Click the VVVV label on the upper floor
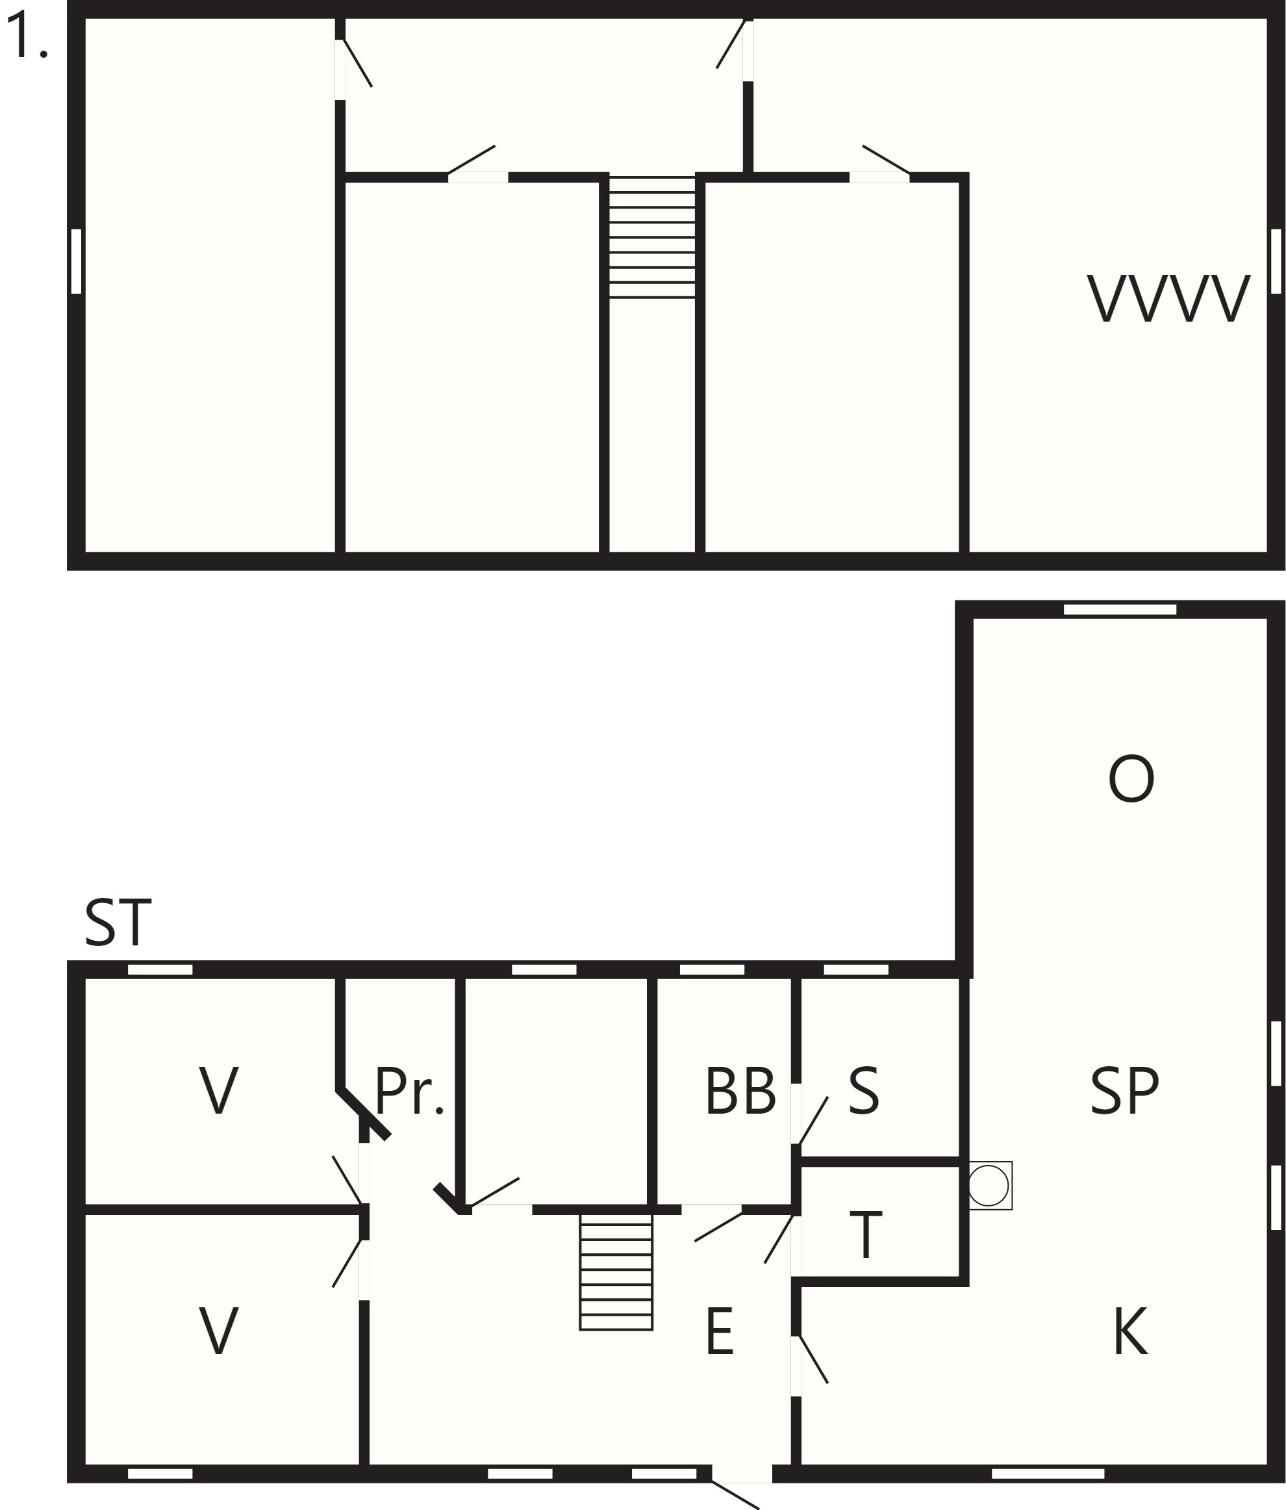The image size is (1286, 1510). [x=1168, y=298]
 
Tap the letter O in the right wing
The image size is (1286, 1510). [x=1131, y=779]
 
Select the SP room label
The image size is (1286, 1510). [x=1124, y=1090]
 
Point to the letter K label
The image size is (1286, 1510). [x=1131, y=1331]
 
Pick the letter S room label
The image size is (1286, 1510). [x=864, y=1090]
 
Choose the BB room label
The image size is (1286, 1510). [x=740, y=1090]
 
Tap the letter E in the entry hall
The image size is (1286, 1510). [x=720, y=1331]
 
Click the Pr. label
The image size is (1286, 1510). [x=409, y=1090]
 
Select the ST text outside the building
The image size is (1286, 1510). [x=118, y=923]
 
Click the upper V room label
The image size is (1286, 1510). [x=219, y=1090]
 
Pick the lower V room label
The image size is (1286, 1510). [x=219, y=1331]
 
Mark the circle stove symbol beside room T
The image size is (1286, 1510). [x=989, y=1186]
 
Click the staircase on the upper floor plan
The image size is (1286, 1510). [x=652, y=238]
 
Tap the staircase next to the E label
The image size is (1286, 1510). [x=616, y=1272]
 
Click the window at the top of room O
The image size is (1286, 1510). [x=1120, y=609]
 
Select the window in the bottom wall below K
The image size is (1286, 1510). [x=1048, y=1474]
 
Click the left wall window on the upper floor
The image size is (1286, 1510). [x=76, y=261]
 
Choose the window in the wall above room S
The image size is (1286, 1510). [x=856, y=969]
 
